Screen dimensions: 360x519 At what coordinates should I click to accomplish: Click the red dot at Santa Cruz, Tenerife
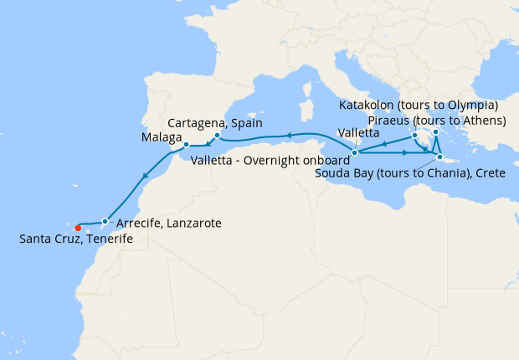pos(78,227)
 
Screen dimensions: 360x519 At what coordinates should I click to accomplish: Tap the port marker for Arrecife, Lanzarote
pos(105,222)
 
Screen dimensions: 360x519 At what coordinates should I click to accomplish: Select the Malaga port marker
pos(186,145)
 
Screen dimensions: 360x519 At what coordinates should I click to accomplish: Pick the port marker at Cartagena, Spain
pos(217,136)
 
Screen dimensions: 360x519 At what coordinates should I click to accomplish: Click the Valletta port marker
pos(355,152)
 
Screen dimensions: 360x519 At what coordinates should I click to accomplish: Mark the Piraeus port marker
pos(436,131)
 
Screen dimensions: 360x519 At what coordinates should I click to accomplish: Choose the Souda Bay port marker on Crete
pos(439,157)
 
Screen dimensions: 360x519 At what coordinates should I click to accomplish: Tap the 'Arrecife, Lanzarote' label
pos(169,224)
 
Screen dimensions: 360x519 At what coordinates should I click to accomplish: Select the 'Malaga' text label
pos(162,136)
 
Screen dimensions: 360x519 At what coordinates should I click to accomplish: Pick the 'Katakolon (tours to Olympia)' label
pos(419,105)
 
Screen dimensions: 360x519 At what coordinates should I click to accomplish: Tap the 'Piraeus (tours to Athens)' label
pos(437,121)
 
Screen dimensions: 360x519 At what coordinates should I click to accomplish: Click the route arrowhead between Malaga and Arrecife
pos(145,177)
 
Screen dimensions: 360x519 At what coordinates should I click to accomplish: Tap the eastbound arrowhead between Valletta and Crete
pos(405,153)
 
